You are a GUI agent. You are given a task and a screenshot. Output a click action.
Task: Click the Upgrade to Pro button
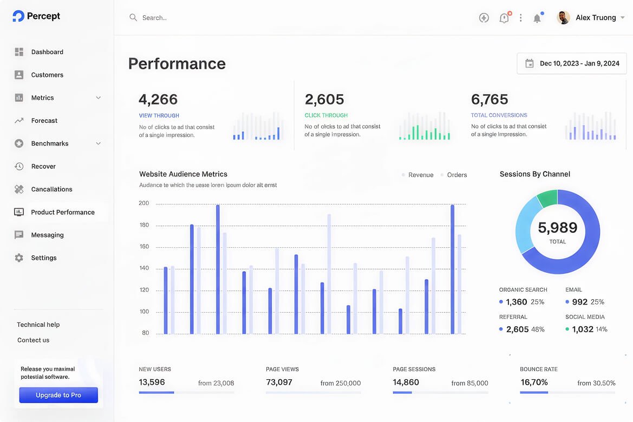(x=58, y=395)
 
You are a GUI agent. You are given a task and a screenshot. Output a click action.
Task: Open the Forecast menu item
(x=44, y=121)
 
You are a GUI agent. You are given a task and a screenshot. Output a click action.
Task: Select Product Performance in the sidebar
(x=63, y=212)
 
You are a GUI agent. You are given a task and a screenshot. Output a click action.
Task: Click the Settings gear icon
(x=19, y=258)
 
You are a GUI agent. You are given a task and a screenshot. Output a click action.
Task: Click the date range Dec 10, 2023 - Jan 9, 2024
(x=579, y=63)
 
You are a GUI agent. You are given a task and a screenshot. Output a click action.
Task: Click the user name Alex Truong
(x=596, y=18)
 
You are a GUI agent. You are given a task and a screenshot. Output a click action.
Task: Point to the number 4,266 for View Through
(x=158, y=99)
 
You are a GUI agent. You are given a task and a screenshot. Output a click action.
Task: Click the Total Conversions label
(x=499, y=115)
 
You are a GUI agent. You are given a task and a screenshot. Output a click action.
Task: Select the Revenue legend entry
(x=421, y=175)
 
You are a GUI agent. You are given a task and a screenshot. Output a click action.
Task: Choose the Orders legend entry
(x=456, y=175)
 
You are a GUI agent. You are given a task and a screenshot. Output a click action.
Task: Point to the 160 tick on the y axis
(x=144, y=247)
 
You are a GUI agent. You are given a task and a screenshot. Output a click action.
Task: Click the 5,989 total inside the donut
(x=558, y=228)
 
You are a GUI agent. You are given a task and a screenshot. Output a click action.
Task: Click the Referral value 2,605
(x=517, y=329)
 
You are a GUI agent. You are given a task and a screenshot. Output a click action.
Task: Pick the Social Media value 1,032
(x=583, y=329)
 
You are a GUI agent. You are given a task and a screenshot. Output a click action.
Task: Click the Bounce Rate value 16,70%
(x=534, y=382)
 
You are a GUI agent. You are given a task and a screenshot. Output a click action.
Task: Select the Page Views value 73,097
(x=279, y=382)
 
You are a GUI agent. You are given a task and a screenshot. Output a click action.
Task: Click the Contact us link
(x=33, y=340)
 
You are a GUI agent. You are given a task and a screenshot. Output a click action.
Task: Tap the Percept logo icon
(x=18, y=16)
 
